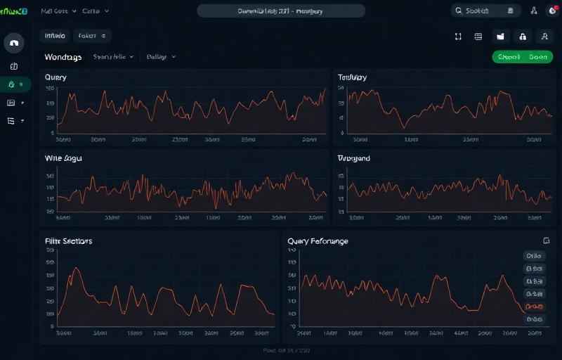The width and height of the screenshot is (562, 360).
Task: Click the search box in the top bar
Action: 485,11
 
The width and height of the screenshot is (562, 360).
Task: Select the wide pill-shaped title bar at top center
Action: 281,11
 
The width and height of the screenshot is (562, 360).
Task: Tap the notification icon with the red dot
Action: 553,11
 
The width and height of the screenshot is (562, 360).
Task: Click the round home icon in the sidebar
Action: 14,43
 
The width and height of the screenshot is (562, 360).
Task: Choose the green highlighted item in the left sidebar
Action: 15,84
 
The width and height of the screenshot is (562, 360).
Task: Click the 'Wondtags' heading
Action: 63,57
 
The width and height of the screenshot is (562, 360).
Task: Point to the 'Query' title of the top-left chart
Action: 55,77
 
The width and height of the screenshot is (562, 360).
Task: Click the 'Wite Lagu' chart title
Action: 63,159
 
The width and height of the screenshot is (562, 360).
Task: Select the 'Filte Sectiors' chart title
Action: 68,240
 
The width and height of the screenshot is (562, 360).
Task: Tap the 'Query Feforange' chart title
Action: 318,240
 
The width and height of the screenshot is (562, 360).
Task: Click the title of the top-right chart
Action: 352,77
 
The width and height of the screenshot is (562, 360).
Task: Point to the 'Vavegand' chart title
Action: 353,159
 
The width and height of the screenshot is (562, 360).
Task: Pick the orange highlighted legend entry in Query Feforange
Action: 534,307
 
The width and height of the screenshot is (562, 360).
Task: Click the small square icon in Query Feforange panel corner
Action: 546,240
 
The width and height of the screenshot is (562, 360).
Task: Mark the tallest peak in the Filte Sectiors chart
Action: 77,269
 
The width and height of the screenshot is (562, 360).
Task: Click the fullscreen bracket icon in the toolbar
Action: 458,37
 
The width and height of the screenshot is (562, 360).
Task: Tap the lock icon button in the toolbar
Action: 522,37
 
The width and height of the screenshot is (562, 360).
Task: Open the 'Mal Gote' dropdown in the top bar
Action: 59,11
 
